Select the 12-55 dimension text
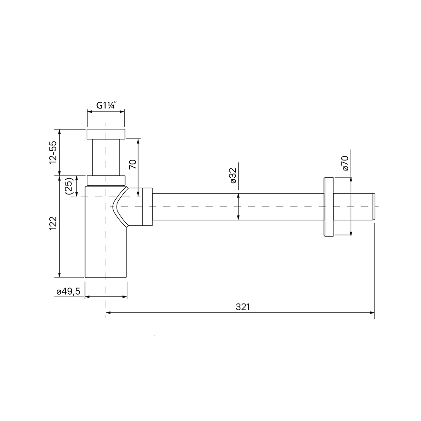pyautogui.click(x=53, y=152)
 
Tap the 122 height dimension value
pyautogui.click(x=53, y=223)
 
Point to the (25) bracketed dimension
pyautogui.click(x=69, y=186)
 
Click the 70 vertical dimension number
pyautogui.click(x=133, y=164)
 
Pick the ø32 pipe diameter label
pyautogui.click(x=233, y=175)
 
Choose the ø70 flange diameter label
pyautogui.click(x=345, y=163)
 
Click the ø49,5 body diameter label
pyautogui.click(x=68, y=292)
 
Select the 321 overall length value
pyautogui.click(x=243, y=306)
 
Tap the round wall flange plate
pyautogui.click(x=329, y=207)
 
